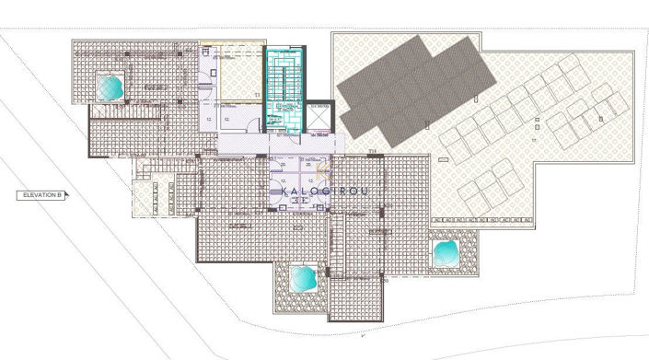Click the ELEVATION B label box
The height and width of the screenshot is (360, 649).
point(39,195)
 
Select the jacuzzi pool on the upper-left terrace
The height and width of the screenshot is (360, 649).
point(110,87)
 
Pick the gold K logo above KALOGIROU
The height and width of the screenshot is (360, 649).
point(318,172)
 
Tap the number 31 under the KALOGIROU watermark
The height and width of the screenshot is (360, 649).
point(296,200)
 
